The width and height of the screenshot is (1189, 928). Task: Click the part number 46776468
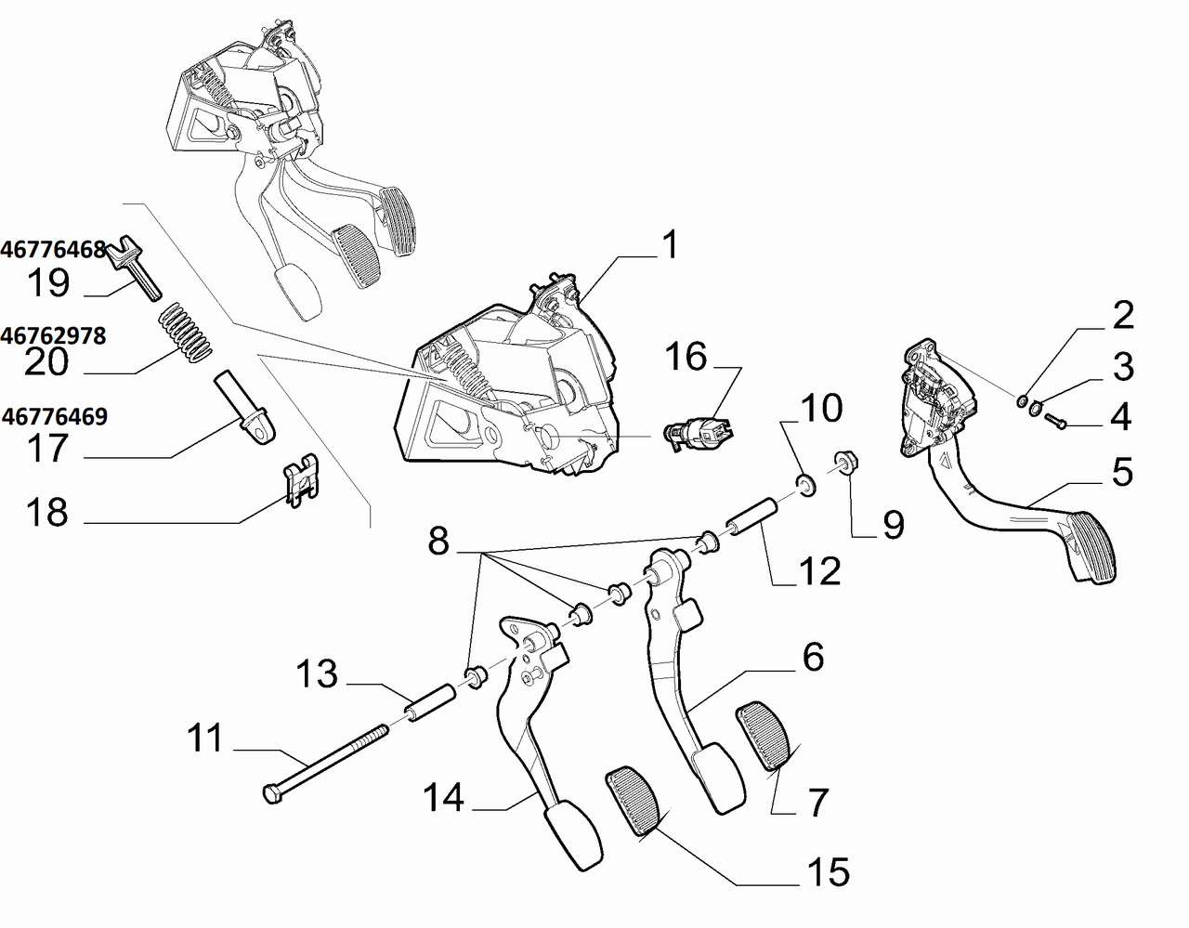(53, 250)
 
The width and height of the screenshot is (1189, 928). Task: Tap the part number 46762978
(53, 336)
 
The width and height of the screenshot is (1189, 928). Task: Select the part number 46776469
(55, 417)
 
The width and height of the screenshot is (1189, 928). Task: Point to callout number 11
(204, 738)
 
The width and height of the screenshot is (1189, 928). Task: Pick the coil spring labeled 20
(185, 332)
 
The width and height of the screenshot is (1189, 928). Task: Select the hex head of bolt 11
(273, 794)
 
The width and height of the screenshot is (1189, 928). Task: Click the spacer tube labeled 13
(429, 703)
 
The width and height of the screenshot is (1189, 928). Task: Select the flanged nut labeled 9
(846, 464)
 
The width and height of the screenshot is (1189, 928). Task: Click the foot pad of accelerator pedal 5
(1090, 547)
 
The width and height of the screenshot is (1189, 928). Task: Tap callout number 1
(670, 244)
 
